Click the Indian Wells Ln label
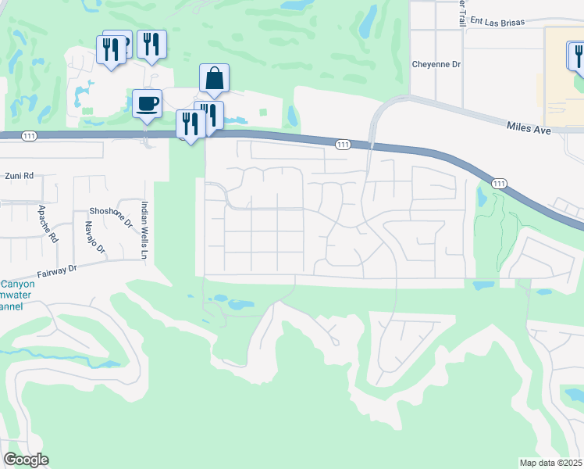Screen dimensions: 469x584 click(144, 231)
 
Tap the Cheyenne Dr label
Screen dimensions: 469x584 click(436, 66)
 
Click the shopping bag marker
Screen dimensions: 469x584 click(214, 79)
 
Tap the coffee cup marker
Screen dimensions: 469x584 click(147, 104)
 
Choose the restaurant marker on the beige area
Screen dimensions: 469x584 click(579, 55)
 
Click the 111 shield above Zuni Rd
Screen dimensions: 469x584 click(28, 136)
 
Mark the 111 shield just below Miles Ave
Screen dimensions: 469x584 click(500, 183)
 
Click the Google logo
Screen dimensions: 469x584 click(26, 460)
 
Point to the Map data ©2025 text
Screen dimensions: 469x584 click(550, 462)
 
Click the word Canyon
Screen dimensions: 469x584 click(17, 284)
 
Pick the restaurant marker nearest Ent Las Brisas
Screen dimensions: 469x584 click(579, 55)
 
